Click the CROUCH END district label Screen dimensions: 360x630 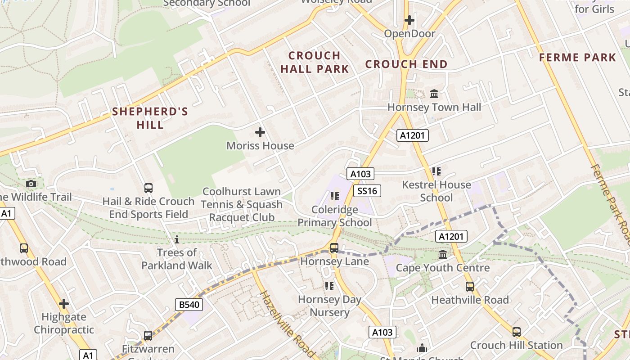pos(406,64)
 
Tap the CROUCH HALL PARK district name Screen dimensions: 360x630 pos(315,62)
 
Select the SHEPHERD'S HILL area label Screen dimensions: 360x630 pos(150,118)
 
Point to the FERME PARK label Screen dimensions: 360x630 pos(577,58)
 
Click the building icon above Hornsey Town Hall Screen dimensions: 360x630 pos(434,94)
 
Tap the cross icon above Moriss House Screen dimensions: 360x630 pos(260,132)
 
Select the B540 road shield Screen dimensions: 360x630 pos(189,305)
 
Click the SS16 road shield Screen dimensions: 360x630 pos(367,191)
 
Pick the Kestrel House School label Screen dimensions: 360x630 pos(436,191)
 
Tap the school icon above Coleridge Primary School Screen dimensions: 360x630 pos(334,196)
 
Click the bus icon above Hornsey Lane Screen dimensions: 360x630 pos(334,248)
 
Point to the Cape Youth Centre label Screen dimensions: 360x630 pos(442,268)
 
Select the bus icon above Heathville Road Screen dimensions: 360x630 pos(470,287)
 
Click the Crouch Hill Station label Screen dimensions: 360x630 pos(516,345)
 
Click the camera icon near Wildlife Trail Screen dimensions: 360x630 pos(31,184)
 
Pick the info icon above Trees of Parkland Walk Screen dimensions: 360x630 pos(177,239)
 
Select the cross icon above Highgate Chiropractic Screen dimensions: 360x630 pos(64,304)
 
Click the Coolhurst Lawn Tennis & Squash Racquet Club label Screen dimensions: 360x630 pos(242,205)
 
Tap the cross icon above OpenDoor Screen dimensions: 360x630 pos(409,20)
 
